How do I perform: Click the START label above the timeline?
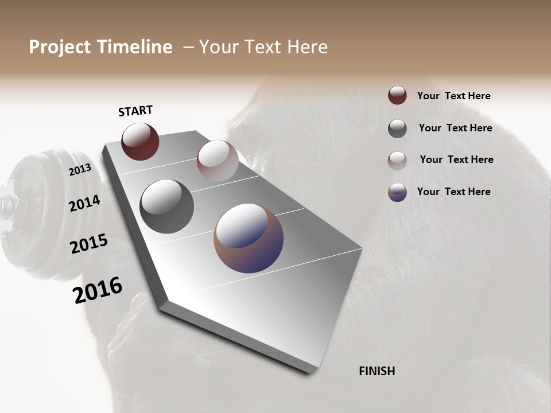pos(135,111)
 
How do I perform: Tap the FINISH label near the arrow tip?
pos(377,371)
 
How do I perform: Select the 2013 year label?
pos(80,170)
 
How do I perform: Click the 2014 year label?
pos(84,204)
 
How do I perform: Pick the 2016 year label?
pos(98,290)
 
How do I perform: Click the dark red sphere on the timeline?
pos(140,141)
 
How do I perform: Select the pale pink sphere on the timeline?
pos(218,160)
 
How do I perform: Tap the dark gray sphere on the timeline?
pos(166,206)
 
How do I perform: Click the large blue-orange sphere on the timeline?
pos(249,238)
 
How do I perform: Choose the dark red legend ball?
pos(397,95)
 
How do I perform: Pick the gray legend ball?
pos(397,128)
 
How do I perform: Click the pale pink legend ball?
pos(397,160)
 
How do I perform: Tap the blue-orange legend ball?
pos(397,192)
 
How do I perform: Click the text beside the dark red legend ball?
pos(453,96)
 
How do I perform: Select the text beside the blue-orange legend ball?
pos(453,192)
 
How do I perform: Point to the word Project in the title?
pos(60,47)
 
